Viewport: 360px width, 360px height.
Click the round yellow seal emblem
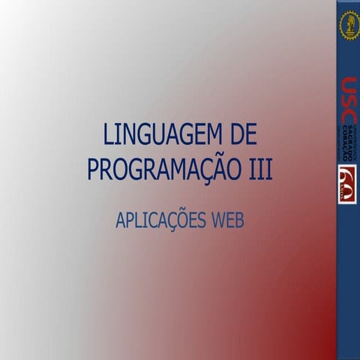(x=349, y=25)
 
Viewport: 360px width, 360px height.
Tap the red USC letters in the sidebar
(x=348, y=101)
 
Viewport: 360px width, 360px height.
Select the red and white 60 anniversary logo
(x=348, y=184)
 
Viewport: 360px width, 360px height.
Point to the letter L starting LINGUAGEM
(x=108, y=135)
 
